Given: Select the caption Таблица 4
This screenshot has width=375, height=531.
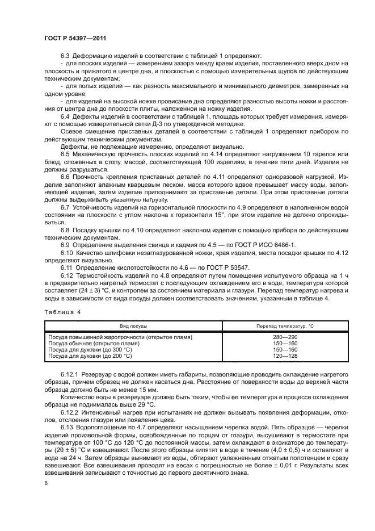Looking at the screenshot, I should click(x=61, y=312).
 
